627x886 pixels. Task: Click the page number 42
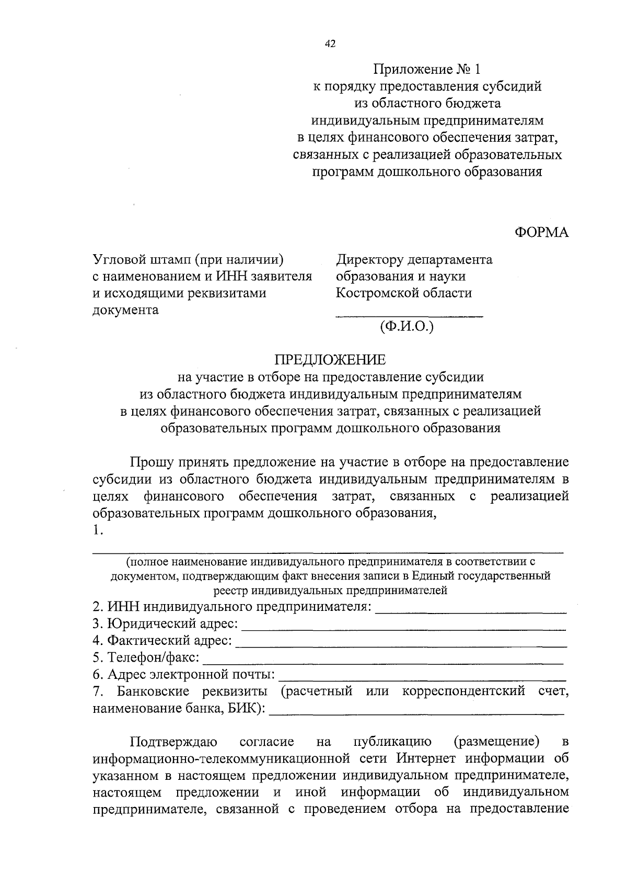[330, 44]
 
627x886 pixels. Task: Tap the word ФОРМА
[541, 233]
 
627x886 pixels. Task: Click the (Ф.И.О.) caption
[408, 327]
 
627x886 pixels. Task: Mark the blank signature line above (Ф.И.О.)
[409, 315]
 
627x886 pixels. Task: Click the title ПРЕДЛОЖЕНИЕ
[330, 360]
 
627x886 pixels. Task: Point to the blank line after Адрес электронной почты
[423, 678]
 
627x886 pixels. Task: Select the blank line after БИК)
[416, 712]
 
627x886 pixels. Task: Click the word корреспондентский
[463, 691]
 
